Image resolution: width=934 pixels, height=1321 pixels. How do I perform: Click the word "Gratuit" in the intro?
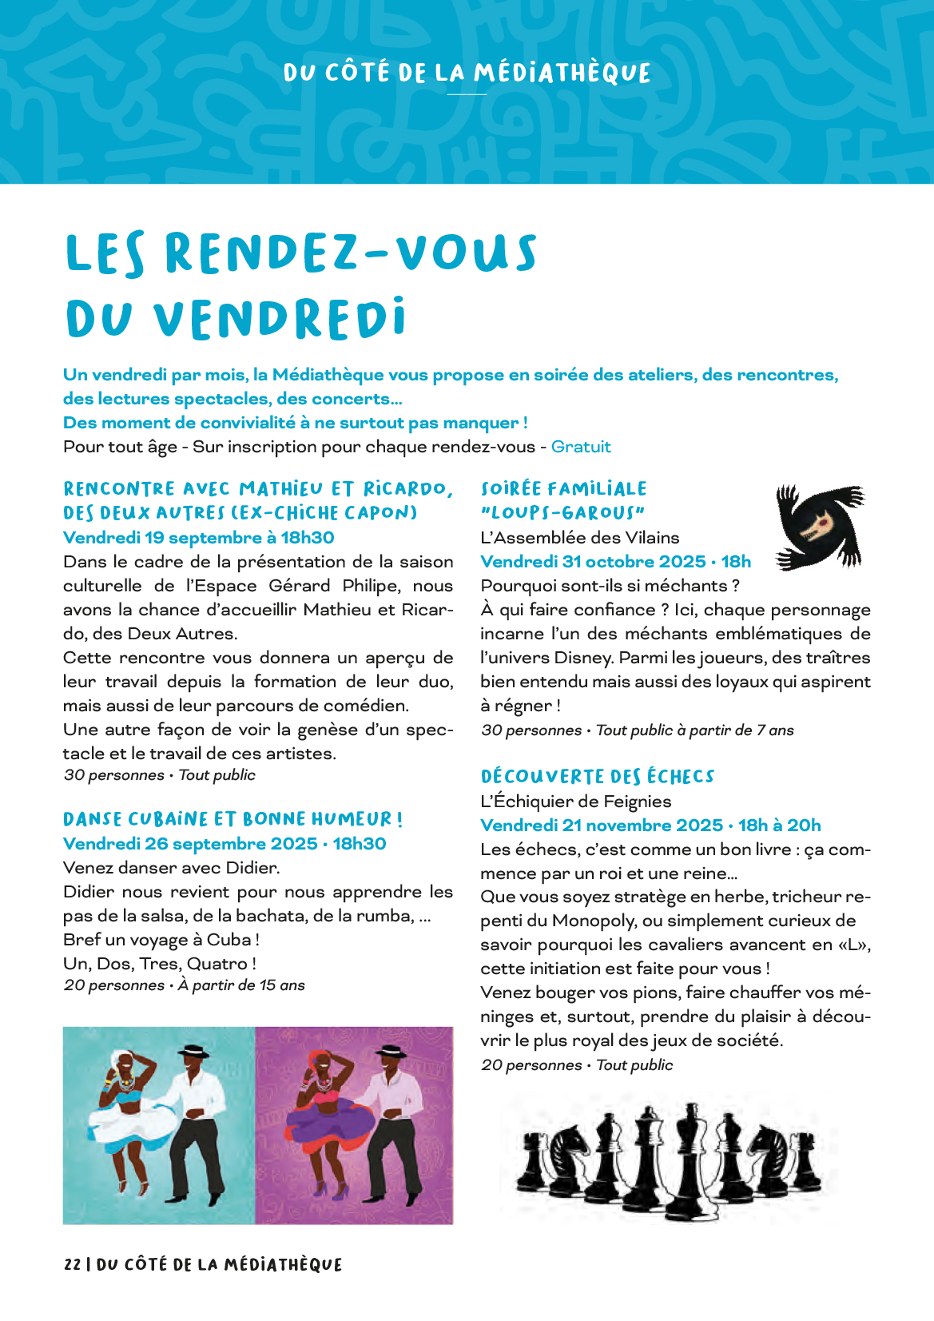[581, 447]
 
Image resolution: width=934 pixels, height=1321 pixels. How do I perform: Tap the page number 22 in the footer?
[72, 1264]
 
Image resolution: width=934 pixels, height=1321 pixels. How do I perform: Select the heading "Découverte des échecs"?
[597, 777]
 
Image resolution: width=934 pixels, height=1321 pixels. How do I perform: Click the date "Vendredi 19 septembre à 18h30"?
[198, 538]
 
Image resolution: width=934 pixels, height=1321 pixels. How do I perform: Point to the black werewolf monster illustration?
[820, 527]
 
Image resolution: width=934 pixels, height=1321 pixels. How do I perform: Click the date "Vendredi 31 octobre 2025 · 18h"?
[615, 562]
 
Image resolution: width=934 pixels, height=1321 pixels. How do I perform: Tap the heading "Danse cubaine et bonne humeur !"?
[233, 819]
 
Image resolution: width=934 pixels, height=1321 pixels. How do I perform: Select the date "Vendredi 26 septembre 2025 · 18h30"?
[225, 844]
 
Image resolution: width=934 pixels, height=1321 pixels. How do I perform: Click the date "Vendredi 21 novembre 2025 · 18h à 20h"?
[650, 826]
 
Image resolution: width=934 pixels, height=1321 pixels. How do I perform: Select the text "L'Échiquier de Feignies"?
[575, 802]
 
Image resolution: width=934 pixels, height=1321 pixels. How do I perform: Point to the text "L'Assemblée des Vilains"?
[579, 538]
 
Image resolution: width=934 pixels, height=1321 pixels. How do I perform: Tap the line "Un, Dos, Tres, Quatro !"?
[160, 964]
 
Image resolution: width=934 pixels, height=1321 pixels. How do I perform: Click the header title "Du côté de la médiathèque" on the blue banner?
[467, 74]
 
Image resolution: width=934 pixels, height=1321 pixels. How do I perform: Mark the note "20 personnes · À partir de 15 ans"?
[184, 985]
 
